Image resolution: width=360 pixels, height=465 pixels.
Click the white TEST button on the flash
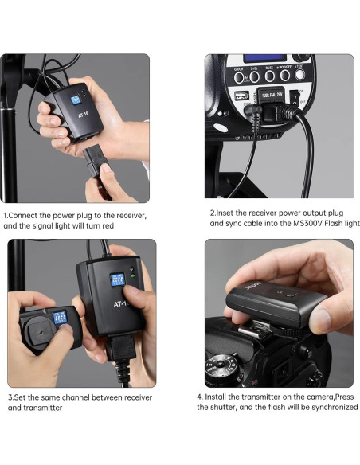pyautogui.click(x=299, y=74)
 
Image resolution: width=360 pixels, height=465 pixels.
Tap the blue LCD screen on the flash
pyautogui.click(x=264, y=58)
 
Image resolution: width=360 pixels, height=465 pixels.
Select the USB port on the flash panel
pyautogui.click(x=241, y=96)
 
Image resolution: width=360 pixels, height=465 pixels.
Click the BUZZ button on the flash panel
pyautogui.click(x=269, y=76)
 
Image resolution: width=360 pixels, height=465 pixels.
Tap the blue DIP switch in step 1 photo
pyautogui.click(x=76, y=100)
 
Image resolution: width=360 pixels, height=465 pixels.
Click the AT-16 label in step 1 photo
pyautogui.click(x=84, y=114)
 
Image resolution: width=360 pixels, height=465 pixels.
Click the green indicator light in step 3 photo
pyautogui.click(x=132, y=276)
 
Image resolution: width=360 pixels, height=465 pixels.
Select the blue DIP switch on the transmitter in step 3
pyautogui.click(x=60, y=318)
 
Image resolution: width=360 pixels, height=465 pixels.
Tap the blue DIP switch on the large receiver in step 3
pyautogui.click(x=117, y=279)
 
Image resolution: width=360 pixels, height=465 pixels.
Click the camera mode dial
pyautogui.click(x=220, y=369)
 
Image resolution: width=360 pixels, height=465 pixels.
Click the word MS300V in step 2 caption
pyautogui.click(x=307, y=223)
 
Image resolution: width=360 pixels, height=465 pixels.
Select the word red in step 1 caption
pyautogui.click(x=108, y=226)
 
